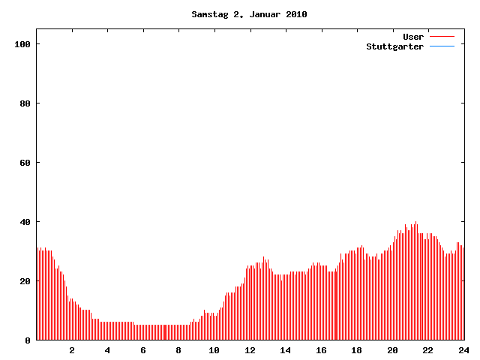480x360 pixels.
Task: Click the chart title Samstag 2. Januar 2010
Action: click(249, 14)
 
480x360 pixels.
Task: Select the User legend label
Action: click(413, 37)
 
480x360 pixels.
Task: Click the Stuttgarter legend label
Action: click(394, 46)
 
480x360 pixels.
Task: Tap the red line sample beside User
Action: click(442, 37)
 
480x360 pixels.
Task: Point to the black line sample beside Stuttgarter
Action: click(442, 46)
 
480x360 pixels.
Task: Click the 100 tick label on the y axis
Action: click(22, 44)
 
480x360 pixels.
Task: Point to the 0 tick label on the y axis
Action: click(28, 340)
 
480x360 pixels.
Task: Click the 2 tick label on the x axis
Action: click(72, 350)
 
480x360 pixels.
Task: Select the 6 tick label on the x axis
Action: click(143, 350)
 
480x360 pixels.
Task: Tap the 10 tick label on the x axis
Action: click(214, 350)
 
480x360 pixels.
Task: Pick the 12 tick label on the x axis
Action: click(250, 350)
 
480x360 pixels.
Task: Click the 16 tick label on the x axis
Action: click(321, 350)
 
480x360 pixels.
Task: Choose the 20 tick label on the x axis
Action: click(392, 350)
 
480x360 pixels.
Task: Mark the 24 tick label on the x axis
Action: click(463, 350)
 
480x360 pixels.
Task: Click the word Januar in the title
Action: click(267, 14)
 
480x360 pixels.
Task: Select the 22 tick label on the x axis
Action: click(427, 350)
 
